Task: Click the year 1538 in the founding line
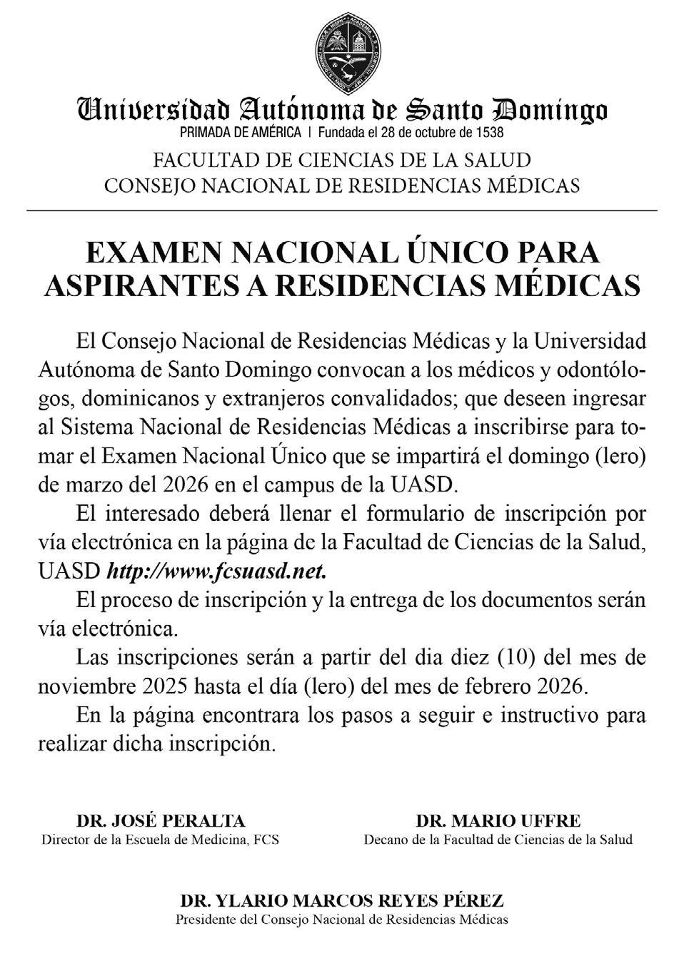coord(488,132)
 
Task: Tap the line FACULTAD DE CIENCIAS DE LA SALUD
coord(342,159)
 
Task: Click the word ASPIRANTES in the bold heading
coord(134,285)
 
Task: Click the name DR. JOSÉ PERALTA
coord(160,820)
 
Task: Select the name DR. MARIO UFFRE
coord(498,820)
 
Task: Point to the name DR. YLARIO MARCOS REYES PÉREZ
coord(342,900)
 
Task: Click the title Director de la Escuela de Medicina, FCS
coord(160,840)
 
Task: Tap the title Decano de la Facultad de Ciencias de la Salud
coord(498,840)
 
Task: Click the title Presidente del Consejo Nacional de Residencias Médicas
coord(342,920)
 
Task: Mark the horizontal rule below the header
coord(342,210)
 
